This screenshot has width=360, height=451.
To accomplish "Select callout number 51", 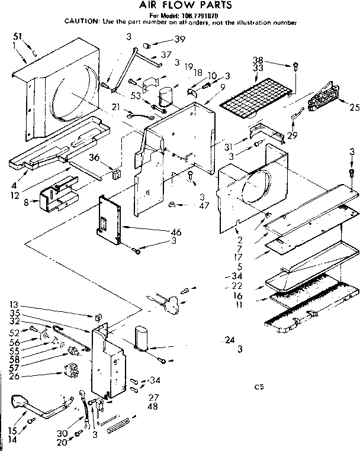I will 18,37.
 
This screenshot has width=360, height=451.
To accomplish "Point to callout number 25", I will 354,107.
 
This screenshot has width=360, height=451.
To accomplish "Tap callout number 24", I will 230,340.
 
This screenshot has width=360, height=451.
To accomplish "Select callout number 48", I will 153,407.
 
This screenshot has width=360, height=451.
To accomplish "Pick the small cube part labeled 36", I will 115,175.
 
